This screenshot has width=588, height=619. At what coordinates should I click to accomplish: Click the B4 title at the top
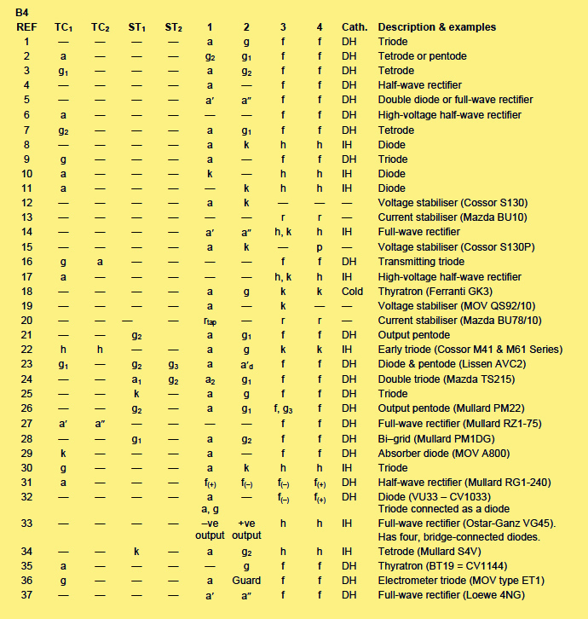click(x=22, y=12)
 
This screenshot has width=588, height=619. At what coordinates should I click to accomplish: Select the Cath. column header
click(x=354, y=26)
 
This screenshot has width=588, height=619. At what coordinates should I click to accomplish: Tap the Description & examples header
click(x=436, y=26)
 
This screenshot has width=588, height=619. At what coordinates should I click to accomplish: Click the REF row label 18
click(x=26, y=292)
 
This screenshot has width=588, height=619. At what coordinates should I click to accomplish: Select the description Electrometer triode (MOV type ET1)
click(x=461, y=581)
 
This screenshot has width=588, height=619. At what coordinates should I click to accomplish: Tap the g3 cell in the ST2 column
click(x=173, y=365)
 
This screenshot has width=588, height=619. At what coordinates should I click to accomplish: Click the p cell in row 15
click(x=319, y=247)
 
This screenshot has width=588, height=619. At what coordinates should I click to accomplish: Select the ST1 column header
click(x=136, y=26)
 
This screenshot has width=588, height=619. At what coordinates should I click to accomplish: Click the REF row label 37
click(x=26, y=595)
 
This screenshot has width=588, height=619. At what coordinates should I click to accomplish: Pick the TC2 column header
click(x=101, y=26)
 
